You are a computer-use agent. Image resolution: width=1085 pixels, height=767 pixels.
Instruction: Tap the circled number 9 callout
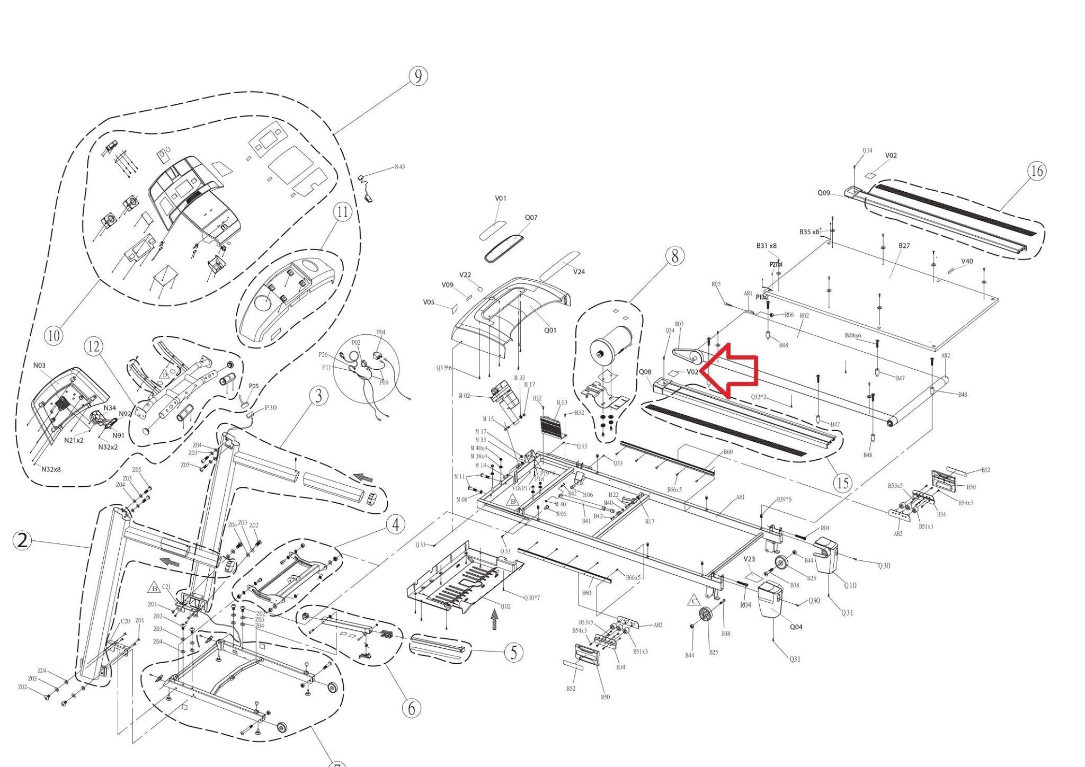coord(418,76)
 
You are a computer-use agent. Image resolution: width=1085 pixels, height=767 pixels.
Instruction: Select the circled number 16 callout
coord(1036,171)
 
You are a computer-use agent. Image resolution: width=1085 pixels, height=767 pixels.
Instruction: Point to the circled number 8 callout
coord(674,256)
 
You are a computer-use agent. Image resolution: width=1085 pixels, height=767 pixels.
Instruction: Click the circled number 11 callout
coord(342,212)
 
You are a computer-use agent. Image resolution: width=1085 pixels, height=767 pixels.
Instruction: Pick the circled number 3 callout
coord(318,396)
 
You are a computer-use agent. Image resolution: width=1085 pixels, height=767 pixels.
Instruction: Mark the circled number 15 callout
coord(842,483)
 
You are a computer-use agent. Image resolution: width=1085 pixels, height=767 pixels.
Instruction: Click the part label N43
coord(399,167)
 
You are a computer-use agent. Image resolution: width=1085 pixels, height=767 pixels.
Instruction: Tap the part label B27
coord(904,246)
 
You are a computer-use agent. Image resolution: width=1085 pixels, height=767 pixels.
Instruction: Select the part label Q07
coord(531,218)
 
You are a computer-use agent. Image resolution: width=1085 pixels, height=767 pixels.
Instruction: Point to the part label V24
coord(579,272)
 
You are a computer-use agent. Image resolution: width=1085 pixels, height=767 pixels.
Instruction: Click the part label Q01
coord(550,331)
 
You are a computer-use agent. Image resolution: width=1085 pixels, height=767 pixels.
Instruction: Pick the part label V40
coord(967,261)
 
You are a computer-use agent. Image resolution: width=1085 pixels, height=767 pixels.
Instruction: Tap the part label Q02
coord(505,607)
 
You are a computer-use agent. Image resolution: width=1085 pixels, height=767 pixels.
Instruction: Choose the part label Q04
coord(796,627)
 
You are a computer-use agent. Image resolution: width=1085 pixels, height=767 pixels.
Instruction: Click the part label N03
coord(40,365)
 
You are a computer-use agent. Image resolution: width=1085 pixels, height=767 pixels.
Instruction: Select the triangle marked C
coord(693,601)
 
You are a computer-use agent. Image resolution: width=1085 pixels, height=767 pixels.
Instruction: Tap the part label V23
coord(749,559)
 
